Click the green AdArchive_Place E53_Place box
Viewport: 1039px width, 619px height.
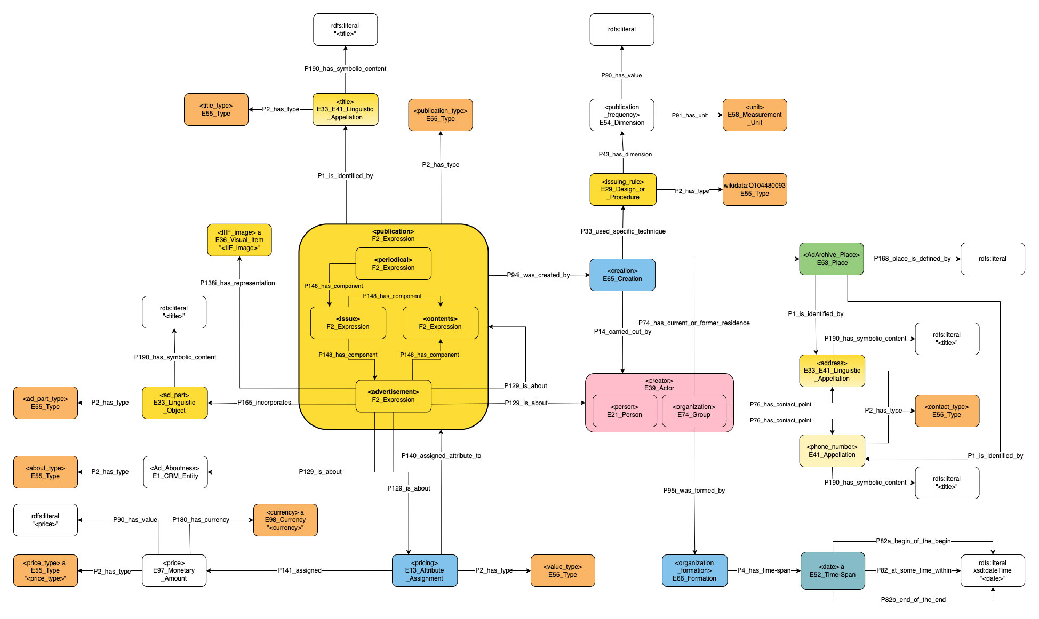coord(831,259)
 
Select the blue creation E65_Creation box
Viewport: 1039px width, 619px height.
coord(622,275)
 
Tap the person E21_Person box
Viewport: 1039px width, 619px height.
coord(624,411)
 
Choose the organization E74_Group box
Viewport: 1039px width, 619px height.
coord(693,411)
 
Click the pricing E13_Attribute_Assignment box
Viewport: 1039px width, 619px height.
coord(425,570)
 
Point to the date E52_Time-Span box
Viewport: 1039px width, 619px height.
coord(832,570)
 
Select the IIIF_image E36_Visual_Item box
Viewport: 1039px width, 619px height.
coord(239,240)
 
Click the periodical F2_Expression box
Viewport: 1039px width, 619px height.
coord(393,263)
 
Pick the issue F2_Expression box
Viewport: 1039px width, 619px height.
coord(348,323)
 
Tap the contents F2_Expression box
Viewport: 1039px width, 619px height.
coord(440,323)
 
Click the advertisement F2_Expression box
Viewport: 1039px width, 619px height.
coord(393,396)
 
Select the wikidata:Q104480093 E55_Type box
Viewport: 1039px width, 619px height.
coord(754,189)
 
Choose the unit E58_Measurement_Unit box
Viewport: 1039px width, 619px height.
coord(754,115)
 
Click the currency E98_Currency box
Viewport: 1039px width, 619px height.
coord(285,520)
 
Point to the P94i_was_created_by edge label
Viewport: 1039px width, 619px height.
coord(538,275)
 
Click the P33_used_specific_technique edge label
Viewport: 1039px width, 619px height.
coord(623,231)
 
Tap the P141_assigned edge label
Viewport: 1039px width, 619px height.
coord(299,570)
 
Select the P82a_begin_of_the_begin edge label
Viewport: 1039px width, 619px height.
coord(913,541)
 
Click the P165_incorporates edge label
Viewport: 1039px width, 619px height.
coord(264,403)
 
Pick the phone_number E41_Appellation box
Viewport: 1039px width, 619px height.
coord(832,451)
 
